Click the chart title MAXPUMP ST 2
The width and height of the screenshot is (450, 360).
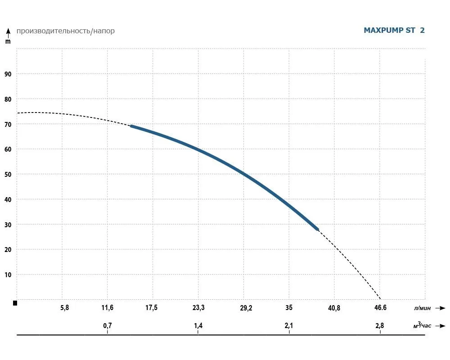[x=394, y=31]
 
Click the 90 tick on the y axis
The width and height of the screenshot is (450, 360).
[x=8, y=74]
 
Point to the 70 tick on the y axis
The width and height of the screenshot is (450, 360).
[x=8, y=124]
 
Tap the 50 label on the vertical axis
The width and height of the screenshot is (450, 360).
[x=8, y=174]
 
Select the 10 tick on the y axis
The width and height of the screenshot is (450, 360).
[x=8, y=274]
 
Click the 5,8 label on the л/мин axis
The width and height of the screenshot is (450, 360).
[x=64, y=308]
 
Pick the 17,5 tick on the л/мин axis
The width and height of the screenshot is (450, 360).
[x=151, y=308]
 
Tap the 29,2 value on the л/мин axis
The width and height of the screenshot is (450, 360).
[x=246, y=308]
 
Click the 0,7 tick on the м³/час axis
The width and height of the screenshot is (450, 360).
[x=107, y=325]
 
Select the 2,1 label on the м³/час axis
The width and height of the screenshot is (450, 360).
[x=289, y=325]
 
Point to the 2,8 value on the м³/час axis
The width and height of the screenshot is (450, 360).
[x=380, y=325]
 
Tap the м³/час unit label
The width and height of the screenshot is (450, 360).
[x=422, y=325]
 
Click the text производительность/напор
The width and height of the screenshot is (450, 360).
[x=65, y=31]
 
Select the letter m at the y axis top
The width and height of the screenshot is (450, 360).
[x=8, y=41]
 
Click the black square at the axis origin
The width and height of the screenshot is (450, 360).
[x=15, y=303]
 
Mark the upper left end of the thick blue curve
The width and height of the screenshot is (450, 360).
[x=131, y=126]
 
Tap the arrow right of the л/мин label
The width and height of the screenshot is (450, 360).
[x=441, y=308]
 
